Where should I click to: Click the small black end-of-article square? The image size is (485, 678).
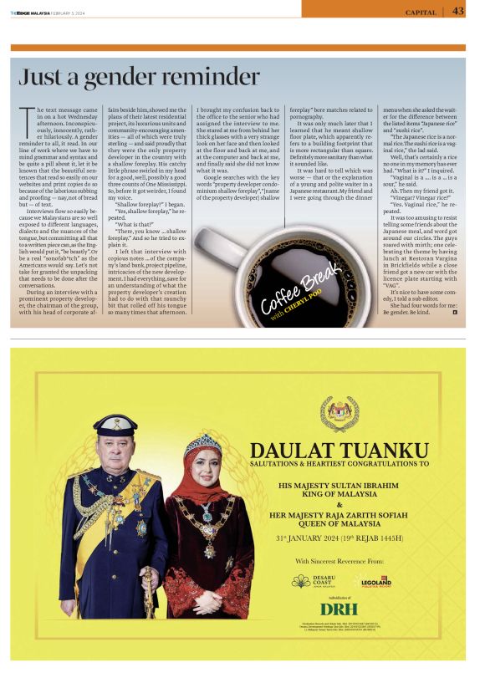coord(454,313)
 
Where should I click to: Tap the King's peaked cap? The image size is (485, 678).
coord(116,422)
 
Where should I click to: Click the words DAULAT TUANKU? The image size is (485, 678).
coord(339,449)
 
